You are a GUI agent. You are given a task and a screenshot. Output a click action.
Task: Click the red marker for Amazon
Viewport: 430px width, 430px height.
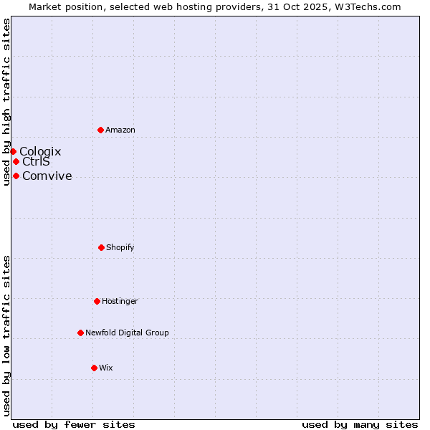[x=100, y=130]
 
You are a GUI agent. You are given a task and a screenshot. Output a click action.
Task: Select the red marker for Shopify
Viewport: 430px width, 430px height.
[x=101, y=247]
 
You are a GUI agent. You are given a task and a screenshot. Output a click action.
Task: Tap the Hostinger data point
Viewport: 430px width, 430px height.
[x=97, y=301]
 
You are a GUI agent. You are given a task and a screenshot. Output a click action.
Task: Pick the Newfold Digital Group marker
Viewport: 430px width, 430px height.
[x=80, y=333]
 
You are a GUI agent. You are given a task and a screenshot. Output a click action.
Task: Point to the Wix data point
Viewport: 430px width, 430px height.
[x=94, y=368]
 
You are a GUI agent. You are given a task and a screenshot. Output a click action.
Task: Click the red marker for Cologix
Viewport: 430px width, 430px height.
[x=13, y=151]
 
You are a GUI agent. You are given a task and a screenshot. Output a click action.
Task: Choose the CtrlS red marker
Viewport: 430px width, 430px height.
[x=16, y=161]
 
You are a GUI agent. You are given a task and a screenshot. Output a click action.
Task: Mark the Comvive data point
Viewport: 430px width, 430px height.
[x=16, y=176]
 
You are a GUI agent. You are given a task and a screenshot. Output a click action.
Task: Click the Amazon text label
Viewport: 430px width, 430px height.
[x=120, y=130]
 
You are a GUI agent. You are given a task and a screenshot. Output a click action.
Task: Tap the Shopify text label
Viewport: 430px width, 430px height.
[x=120, y=247]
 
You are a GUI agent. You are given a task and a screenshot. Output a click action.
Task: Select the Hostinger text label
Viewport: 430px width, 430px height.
[x=120, y=301]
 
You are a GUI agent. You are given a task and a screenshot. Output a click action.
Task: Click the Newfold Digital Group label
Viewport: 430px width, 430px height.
[x=127, y=333]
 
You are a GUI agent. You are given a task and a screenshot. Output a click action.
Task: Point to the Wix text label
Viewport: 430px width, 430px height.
[x=106, y=368]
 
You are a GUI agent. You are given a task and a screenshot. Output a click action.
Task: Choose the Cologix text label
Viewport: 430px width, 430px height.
[x=40, y=151]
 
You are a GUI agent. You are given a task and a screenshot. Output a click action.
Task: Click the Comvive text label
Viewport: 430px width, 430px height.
[x=47, y=176]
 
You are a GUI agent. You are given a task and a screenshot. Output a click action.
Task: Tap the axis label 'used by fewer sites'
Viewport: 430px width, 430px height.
[x=74, y=424]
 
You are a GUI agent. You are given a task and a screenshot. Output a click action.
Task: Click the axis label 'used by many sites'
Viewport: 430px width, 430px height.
[x=360, y=424]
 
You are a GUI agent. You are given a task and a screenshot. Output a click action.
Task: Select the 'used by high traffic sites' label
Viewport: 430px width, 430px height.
[x=7, y=102]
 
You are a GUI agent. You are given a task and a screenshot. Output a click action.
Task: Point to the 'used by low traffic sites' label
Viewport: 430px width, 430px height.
[x=7, y=335]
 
